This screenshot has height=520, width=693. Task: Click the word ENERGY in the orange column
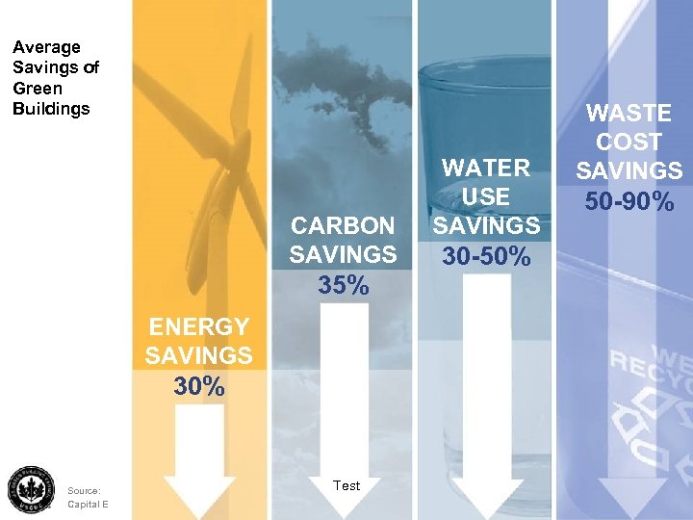(x=198, y=327)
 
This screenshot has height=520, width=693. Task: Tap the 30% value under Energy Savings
(x=199, y=387)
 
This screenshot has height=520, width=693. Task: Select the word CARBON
(x=343, y=225)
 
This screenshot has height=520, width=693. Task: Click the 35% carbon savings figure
(x=343, y=286)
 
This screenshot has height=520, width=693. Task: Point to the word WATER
(x=485, y=168)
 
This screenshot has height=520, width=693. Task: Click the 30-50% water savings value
(x=487, y=257)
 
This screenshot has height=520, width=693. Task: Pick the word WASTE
(x=629, y=114)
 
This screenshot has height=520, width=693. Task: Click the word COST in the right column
(x=629, y=143)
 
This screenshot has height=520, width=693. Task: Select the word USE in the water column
(x=486, y=196)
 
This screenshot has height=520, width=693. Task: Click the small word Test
(x=346, y=485)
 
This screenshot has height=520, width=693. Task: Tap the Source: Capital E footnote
(x=87, y=496)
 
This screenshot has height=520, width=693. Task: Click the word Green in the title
(x=37, y=88)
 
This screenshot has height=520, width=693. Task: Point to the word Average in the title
(x=46, y=46)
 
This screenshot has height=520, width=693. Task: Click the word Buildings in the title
(x=51, y=108)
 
